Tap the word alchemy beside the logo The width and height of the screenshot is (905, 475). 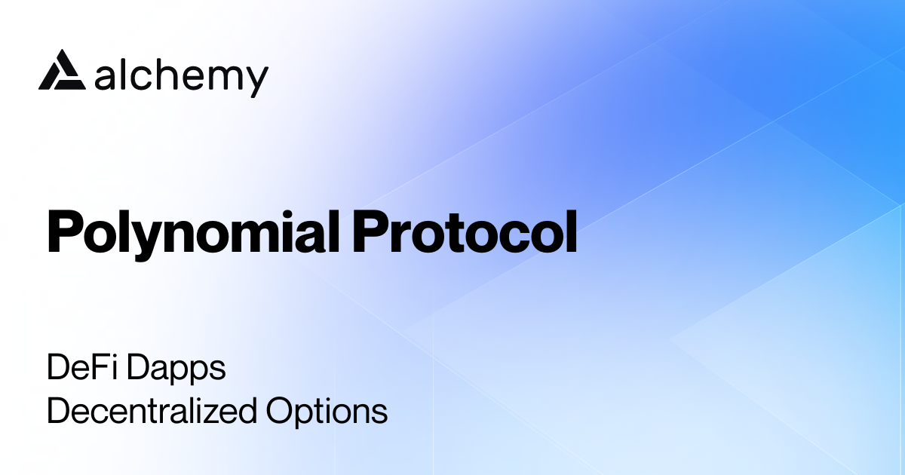(182, 75)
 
